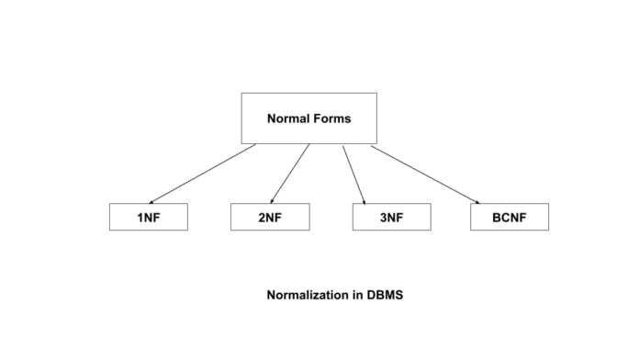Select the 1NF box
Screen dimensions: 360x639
click(x=148, y=217)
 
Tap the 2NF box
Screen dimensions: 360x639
click(x=270, y=217)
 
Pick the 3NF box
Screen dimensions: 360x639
click(x=391, y=217)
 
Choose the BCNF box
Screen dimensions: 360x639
click(x=510, y=217)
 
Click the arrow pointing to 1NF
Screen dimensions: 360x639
click(x=202, y=174)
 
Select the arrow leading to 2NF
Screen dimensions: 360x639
click(x=291, y=174)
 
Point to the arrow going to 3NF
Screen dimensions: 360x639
click(x=353, y=174)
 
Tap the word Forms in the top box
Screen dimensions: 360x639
click(x=331, y=118)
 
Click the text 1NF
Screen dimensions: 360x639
click(x=148, y=218)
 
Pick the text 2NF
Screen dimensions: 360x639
click(x=270, y=218)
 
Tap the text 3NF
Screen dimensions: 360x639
click(x=391, y=218)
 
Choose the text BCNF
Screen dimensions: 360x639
click(x=510, y=218)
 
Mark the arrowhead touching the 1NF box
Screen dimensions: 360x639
click(x=151, y=201)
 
